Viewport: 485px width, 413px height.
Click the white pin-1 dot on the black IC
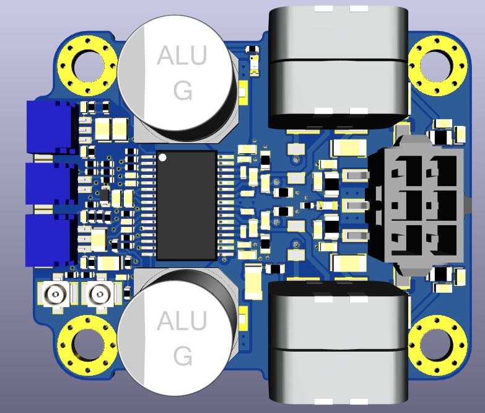162,158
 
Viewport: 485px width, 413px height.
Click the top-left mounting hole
87,65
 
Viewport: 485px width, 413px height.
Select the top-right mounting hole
437,65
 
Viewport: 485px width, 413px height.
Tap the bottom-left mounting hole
87,345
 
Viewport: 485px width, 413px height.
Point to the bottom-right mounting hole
437,345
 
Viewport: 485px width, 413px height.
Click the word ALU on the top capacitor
181,56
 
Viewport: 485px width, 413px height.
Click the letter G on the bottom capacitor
183,356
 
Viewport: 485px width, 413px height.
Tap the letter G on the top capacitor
183,91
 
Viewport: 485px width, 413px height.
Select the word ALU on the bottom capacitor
181,321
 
